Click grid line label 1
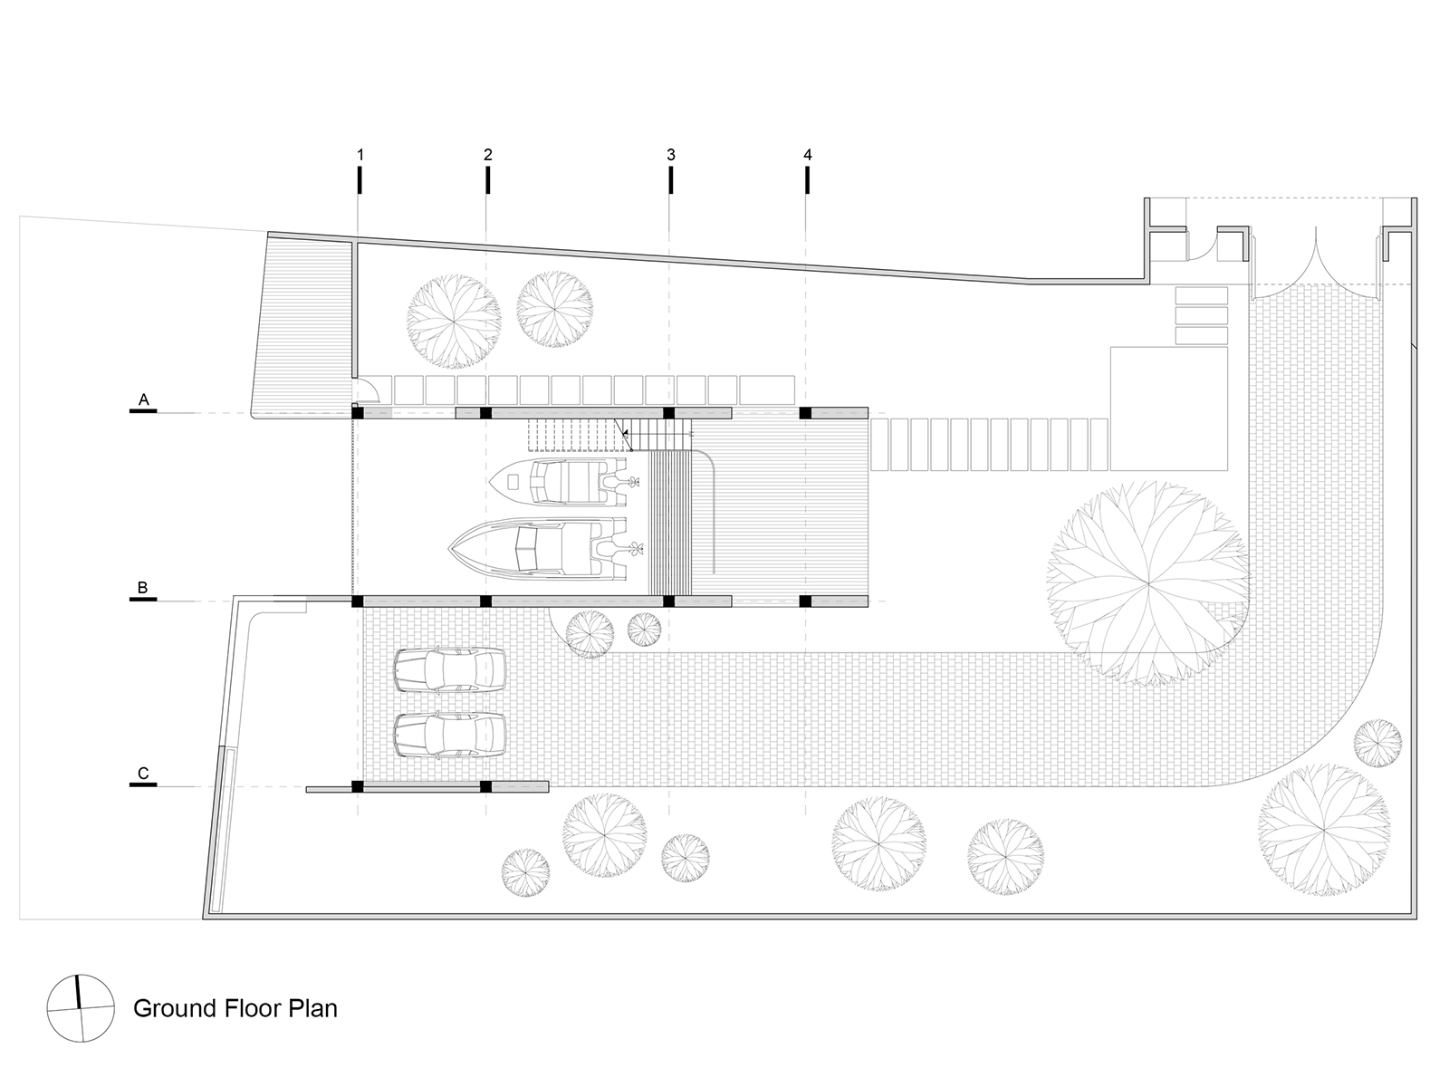point(360,155)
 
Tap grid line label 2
point(488,155)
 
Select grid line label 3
point(671,155)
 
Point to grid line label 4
point(807,155)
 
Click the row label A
point(143,399)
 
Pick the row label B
point(142,587)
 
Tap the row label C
point(142,773)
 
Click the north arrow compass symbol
point(81,1009)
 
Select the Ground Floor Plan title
point(235,1008)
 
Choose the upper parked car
point(449,670)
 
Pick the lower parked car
point(449,735)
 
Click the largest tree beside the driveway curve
point(1148,583)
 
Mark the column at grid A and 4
point(805,413)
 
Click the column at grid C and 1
point(357,786)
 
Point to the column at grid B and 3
point(668,601)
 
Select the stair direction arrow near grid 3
point(624,434)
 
